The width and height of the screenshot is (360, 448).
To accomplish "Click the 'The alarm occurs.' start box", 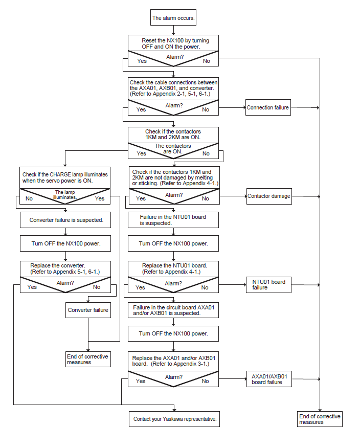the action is point(173,18).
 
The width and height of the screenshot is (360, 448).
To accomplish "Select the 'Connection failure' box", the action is point(268,107).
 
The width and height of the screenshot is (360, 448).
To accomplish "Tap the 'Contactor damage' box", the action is point(269,196).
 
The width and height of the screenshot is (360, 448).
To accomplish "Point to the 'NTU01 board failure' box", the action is point(268,284).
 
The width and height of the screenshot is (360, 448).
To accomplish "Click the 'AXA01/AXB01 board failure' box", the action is point(269,379).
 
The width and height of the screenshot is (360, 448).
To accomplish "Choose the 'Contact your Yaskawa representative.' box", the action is point(174,419).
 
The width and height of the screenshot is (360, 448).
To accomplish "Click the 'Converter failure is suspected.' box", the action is point(65,220).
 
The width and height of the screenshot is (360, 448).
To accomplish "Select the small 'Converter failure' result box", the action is point(88,310).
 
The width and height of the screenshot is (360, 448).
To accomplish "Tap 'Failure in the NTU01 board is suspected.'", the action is point(173,220).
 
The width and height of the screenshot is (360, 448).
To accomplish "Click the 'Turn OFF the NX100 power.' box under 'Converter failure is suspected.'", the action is point(65,243).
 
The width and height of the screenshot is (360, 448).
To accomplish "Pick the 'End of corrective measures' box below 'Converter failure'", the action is point(88,359).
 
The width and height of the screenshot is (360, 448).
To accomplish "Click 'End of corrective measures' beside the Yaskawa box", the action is point(320,419).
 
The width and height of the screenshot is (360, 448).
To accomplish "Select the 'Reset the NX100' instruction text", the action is point(175,43).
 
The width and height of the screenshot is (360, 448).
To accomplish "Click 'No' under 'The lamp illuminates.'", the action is point(29,198).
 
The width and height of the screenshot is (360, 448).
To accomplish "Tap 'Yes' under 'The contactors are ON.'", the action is point(142,153).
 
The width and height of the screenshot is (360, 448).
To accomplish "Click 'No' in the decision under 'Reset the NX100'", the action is point(207,61).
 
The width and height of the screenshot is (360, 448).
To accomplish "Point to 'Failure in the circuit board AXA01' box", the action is point(173,310).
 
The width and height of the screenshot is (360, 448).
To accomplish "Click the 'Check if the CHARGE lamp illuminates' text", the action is point(65,177).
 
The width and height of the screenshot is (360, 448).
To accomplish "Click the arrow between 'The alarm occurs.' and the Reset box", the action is point(173,30).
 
